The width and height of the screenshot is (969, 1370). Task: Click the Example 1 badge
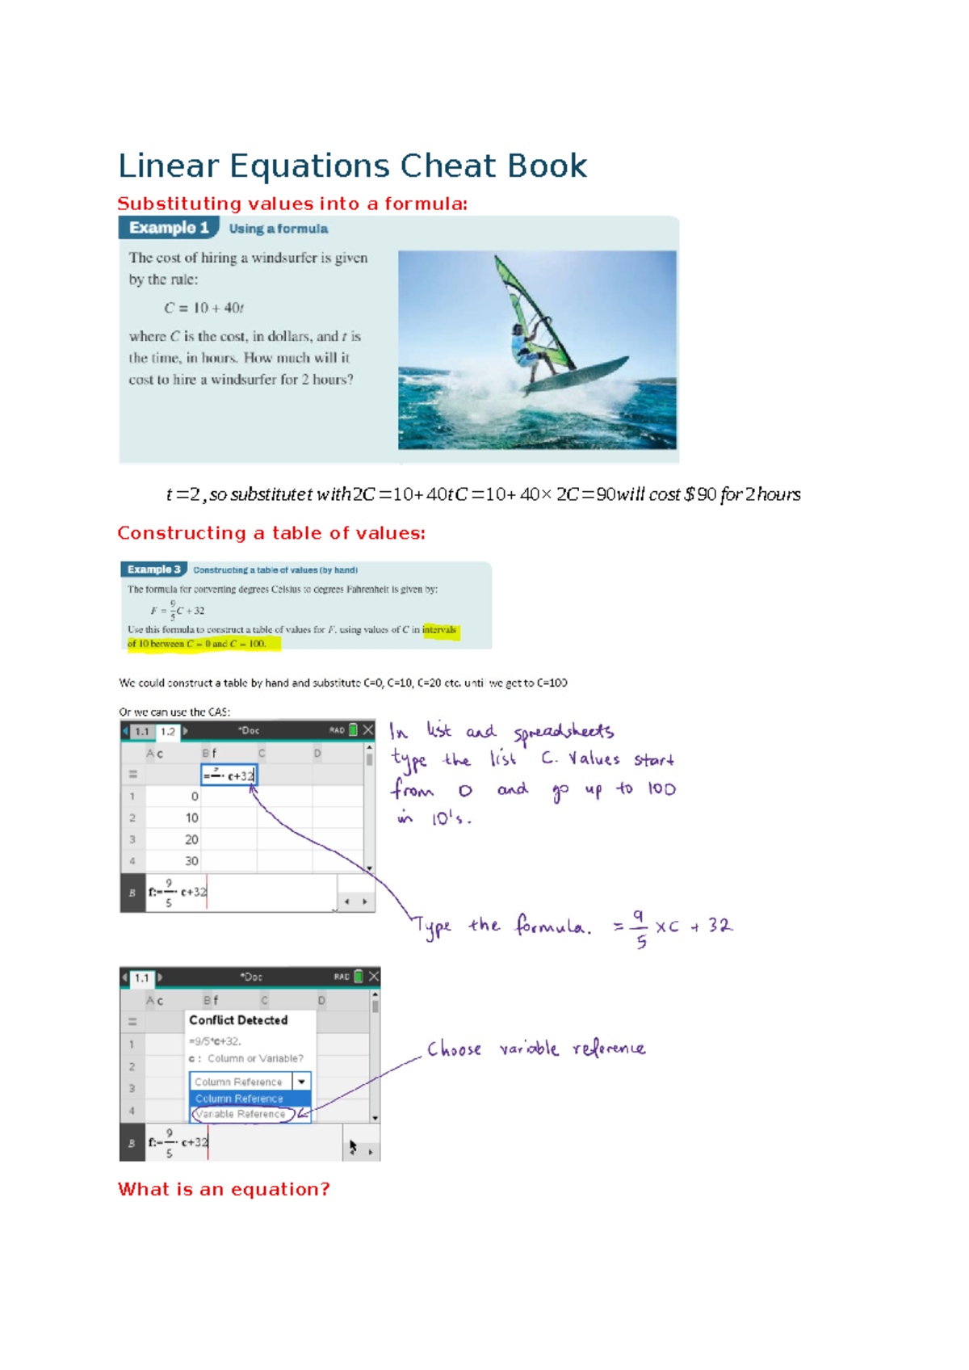tap(169, 228)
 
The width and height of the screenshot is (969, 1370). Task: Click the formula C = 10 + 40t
tap(203, 308)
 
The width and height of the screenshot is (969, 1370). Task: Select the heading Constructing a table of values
tap(271, 533)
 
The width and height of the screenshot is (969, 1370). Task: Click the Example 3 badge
tap(153, 569)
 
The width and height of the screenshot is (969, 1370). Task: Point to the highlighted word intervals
tap(439, 630)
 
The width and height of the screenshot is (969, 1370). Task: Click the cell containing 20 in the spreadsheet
tap(191, 840)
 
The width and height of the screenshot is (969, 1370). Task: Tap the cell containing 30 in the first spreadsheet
tap(191, 861)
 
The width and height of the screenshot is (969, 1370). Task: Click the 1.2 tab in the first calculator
tap(168, 732)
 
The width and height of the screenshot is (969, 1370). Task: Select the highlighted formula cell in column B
tap(229, 775)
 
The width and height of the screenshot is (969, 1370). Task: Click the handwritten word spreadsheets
tap(564, 733)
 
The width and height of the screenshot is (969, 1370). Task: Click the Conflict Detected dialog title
tap(238, 1020)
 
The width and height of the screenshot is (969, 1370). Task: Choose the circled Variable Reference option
tap(241, 1114)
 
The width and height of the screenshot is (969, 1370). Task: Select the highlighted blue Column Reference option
tap(240, 1099)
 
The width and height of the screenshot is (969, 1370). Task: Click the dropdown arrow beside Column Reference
tap(301, 1082)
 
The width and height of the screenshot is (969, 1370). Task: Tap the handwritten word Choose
tap(454, 1049)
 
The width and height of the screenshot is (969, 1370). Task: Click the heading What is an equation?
tap(224, 1189)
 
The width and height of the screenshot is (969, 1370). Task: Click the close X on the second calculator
tap(374, 977)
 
